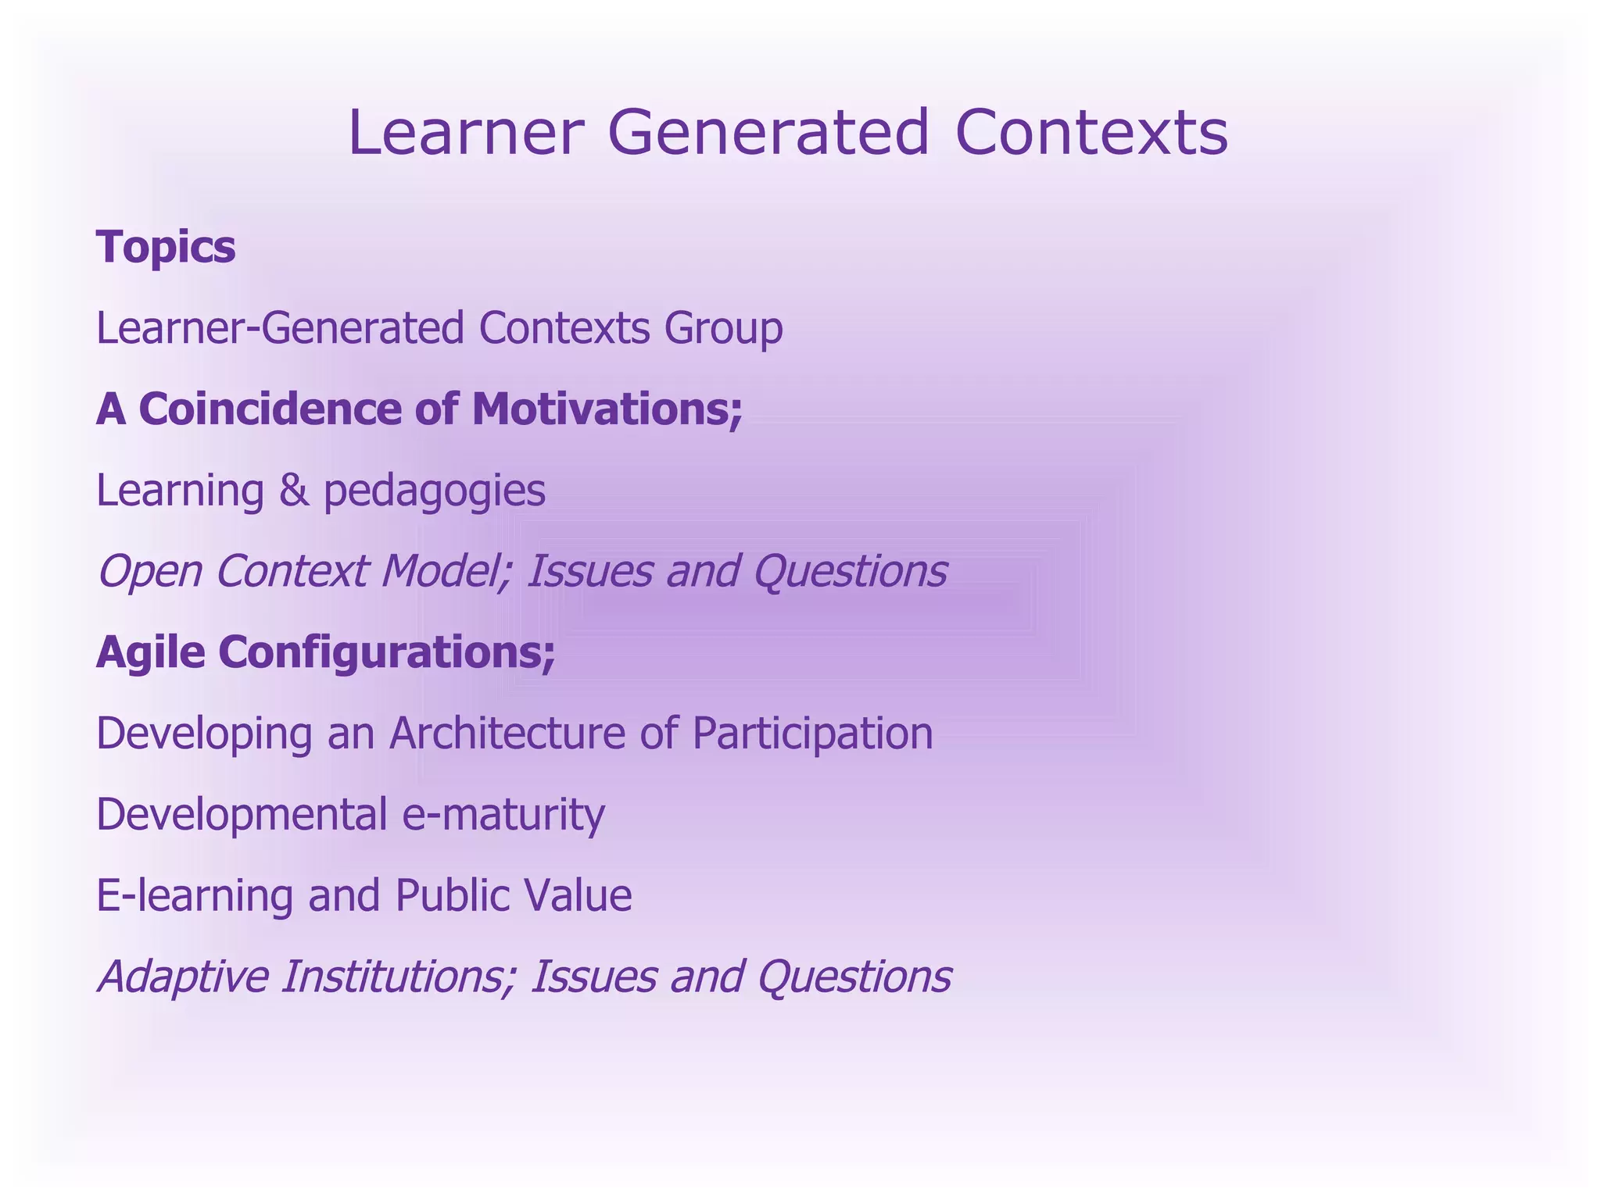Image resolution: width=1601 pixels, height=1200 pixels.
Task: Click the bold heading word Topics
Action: (x=166, y=248)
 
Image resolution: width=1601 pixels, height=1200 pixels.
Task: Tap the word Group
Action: (x=723, y=329)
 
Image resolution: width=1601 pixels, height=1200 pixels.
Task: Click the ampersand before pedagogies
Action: (x=294, y=491)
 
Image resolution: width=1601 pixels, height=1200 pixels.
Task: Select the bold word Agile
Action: (x=150, y=654)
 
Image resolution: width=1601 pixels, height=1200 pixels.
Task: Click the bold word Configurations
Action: (x=386, y=654)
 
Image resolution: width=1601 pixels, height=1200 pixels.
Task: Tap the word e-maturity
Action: (x=503, y=816)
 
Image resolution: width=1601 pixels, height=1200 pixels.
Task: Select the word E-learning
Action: (x=195, y=897)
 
